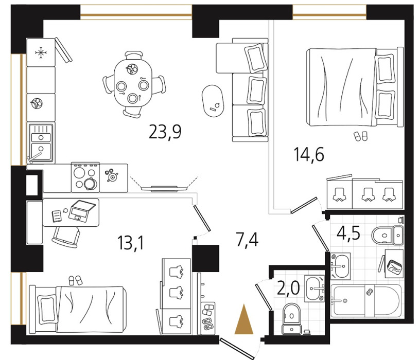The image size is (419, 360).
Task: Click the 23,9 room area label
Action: pyautogui.click(x=165, y=132)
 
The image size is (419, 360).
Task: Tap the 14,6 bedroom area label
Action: pyautogui.click(x=309, y=154)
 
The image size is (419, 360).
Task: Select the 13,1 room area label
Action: pyautogui.click(x=131, y=243)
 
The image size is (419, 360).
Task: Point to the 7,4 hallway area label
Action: pyautogui.click(x=247, y=239)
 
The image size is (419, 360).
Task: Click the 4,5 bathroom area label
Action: pyautogui.click(x=348, y=233)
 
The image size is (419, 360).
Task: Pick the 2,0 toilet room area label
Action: pyautogui.click(x=288, y=288)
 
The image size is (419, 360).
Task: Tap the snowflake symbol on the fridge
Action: pyautogui.click(x=41, y=52)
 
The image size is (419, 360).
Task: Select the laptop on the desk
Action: pyautogui.click(x=81, y=210)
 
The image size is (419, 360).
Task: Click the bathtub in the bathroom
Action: pyautogui.click(x=366, y=301)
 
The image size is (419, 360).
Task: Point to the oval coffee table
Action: pyautogui.click(x=213, y=101)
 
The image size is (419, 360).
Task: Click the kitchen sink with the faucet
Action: pyautogui.click(x=41, y=143)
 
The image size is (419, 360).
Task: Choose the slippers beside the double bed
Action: pyautogui.click(x=360, y=136)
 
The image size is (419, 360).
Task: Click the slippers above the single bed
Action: pyautogui.click(x=75, y=280)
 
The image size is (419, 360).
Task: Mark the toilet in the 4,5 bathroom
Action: pyautogui.click(x=387, y=235)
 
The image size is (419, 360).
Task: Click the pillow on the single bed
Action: pyautogui.click(x=47, y=309)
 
